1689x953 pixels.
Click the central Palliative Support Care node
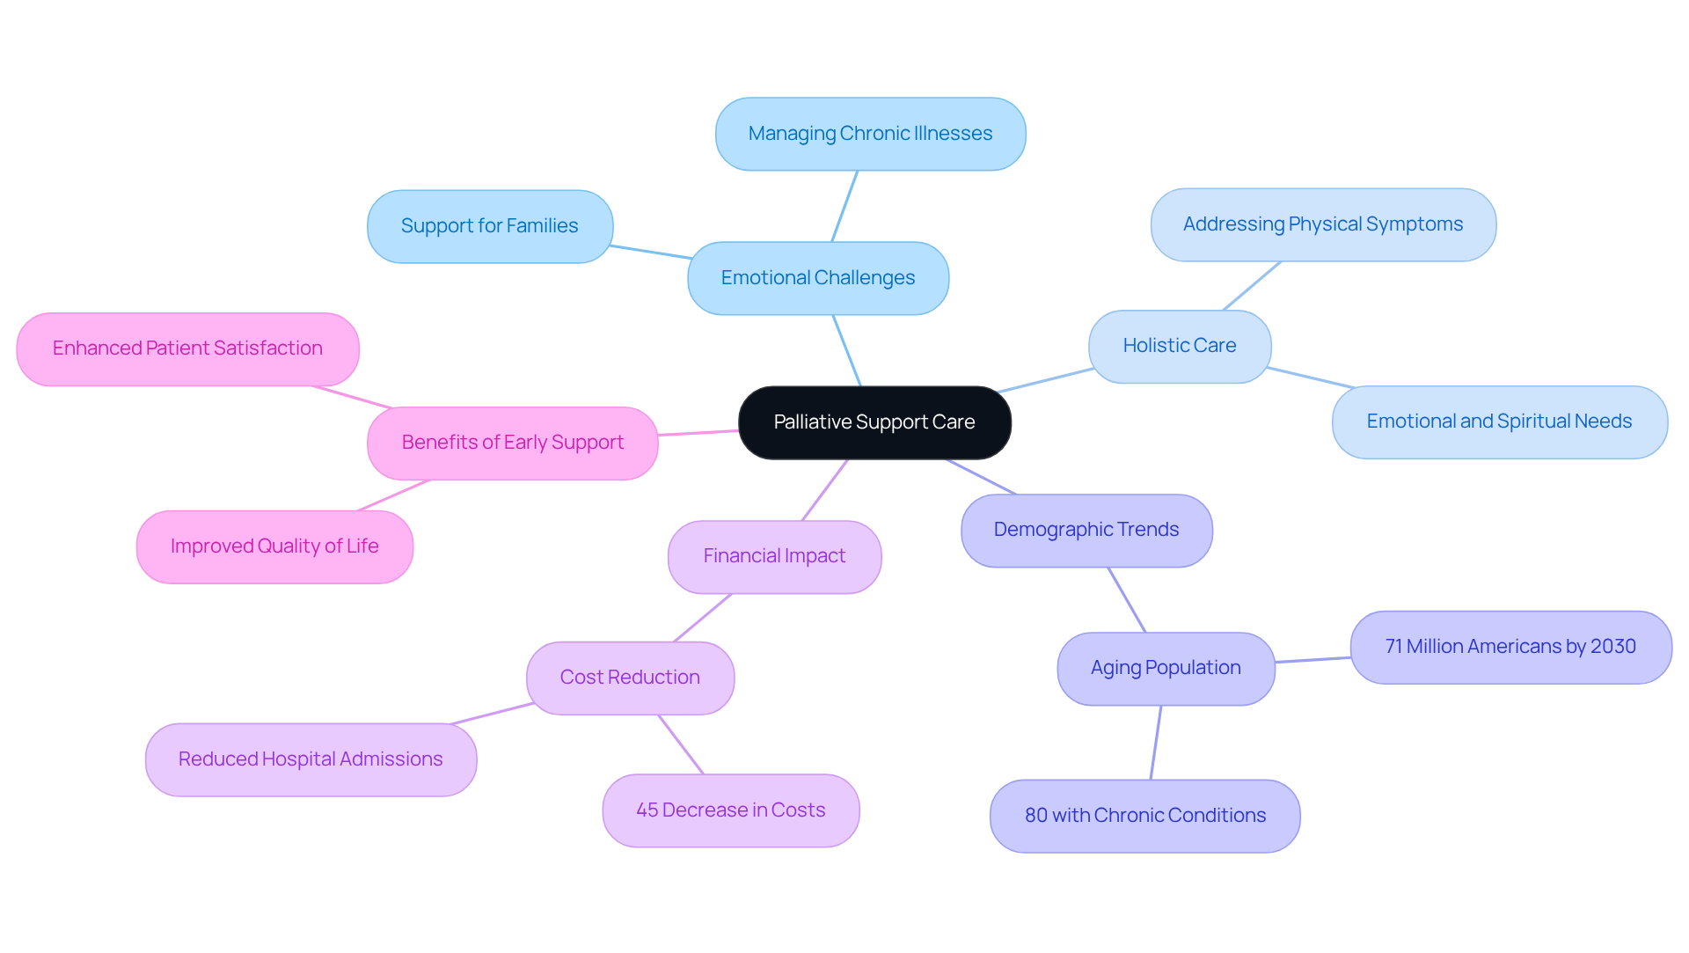874,422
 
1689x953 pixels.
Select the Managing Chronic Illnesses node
870,134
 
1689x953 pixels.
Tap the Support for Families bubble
489,226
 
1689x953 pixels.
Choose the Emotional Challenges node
817,278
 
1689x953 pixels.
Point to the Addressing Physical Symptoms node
1322,224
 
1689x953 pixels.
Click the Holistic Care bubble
1179,346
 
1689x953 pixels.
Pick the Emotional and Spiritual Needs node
1498,422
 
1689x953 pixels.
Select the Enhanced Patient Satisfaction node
187,348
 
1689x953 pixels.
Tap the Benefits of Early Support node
512,443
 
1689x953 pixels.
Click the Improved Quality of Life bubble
274,546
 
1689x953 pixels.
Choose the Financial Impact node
774,556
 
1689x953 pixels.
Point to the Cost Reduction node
630,678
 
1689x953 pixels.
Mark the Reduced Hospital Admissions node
311,759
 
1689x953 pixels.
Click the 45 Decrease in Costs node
730,810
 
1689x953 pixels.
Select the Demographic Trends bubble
1086,530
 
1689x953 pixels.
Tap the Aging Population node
1166,668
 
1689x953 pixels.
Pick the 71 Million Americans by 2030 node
1510,647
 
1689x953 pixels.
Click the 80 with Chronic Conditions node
1144,816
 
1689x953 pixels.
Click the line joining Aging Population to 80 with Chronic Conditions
1156,742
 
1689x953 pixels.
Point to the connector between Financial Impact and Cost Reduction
703,618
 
